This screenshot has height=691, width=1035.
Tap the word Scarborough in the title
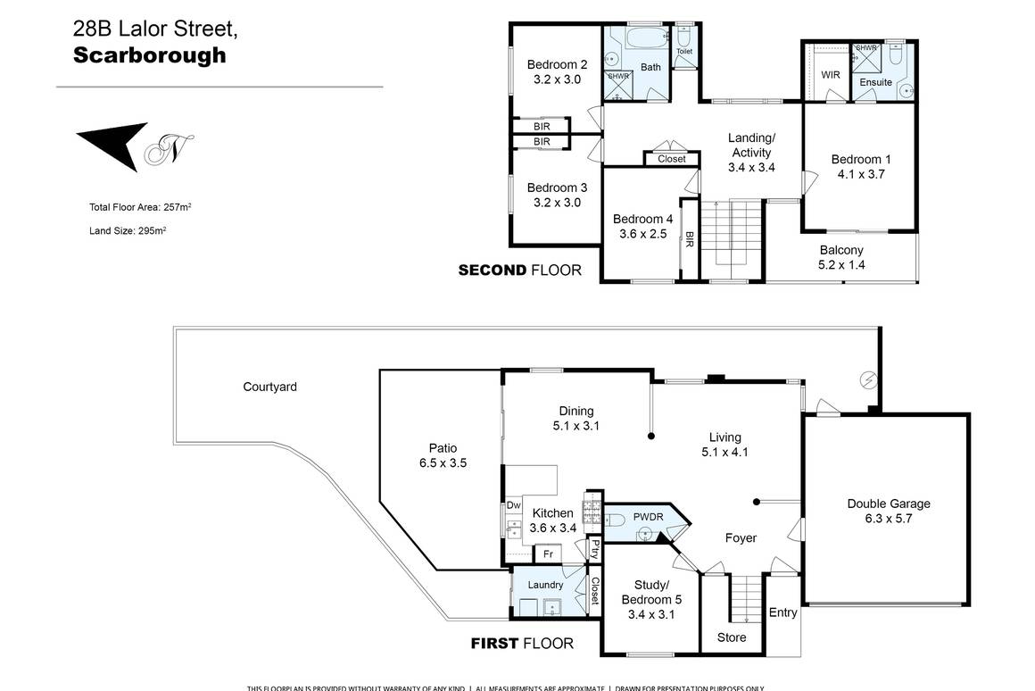149,55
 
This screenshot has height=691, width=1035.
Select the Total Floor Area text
140,207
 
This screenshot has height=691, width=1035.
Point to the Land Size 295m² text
128,230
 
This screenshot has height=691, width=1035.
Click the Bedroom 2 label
557,71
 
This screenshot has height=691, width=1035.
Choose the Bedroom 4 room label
642,227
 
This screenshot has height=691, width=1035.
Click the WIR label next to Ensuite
830,76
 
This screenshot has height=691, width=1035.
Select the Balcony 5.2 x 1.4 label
841,257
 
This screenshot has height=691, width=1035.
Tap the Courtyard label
269,387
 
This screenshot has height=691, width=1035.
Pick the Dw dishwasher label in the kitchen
513,505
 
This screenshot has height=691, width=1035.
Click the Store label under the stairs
732,637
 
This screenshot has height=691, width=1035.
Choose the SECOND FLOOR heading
519,270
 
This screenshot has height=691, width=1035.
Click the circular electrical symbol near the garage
866,380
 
